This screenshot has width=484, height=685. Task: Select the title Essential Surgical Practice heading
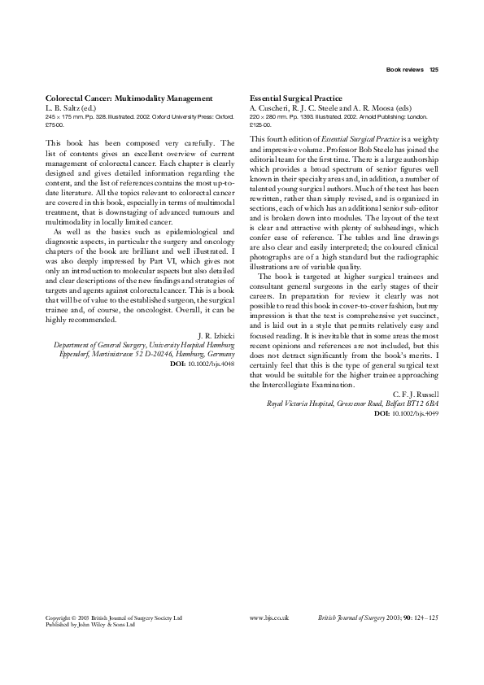click(x=297, y=98)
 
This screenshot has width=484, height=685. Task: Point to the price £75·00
click(x=55, y=124)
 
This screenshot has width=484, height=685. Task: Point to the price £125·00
click(x=260, y=124)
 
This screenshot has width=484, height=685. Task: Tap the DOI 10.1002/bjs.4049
click(x=406, y=414)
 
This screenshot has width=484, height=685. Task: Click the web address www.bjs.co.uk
click(x=269, y=618)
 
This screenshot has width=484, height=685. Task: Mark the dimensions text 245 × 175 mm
click(x=64, y=116)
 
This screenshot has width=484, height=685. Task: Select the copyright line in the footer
click(x=114, y=618)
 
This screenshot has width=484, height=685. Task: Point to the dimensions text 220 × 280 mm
click(x=269, y=116)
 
